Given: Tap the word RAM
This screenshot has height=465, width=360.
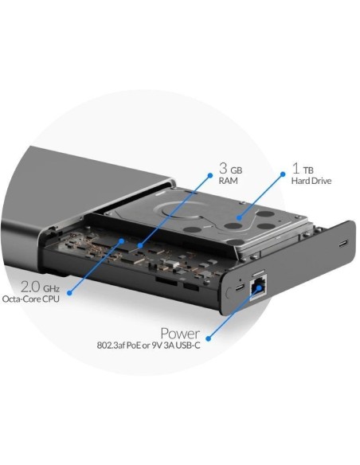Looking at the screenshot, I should coord(229,182).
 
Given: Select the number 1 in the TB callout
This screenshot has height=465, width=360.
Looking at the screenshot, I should coord(295,169).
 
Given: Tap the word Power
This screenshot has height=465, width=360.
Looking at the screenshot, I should coord(186,333).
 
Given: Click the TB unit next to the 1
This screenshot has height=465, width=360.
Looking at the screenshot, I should coord(307,170).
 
